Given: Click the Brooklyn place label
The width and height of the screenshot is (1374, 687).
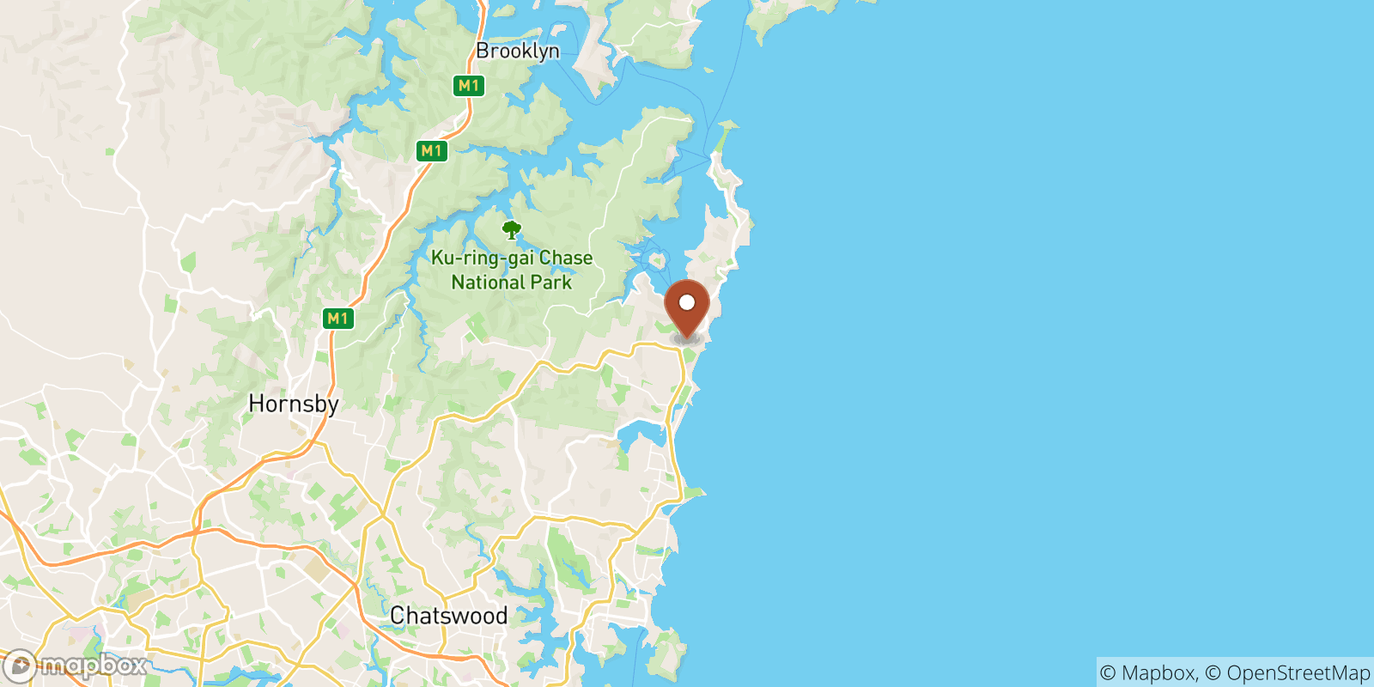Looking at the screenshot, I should (x=517, y=52).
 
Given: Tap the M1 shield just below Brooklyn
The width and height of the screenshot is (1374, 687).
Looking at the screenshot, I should (x=468, y=85).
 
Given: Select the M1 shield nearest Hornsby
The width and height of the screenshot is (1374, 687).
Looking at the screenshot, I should (x=337, y=319).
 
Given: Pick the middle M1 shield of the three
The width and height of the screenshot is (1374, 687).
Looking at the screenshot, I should (x=431, y=151).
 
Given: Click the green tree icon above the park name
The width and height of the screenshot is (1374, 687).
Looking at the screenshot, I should (x=512, y=230).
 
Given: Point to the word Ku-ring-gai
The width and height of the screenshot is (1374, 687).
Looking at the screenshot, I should (x=482, y=258).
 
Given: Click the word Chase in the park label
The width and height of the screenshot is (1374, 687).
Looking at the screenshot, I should (x=566, y=258).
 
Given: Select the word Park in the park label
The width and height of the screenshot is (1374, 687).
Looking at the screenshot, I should (x=551, y=283).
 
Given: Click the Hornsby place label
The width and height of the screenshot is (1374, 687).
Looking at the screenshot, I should (x=294, y=404).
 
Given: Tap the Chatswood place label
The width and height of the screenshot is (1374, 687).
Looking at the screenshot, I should (x=448, y=616).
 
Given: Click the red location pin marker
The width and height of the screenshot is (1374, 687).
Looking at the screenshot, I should (x=687, y=309).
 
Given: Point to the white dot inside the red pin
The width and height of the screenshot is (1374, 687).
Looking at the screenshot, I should (x=687, y=302).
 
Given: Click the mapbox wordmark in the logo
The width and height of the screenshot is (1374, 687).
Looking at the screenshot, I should (x=93, y=666).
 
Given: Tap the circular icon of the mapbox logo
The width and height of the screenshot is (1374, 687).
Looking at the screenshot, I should (x=19, y=666).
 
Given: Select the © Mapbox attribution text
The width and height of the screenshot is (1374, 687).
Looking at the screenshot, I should (x=1148, y=672).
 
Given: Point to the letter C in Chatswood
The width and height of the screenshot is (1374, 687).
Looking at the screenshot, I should (x=398, y=616).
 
